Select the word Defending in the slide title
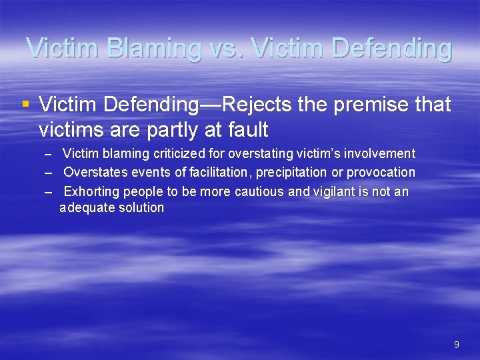coord(391,49)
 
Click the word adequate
coord(85,207)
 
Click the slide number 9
coord(456,345)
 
